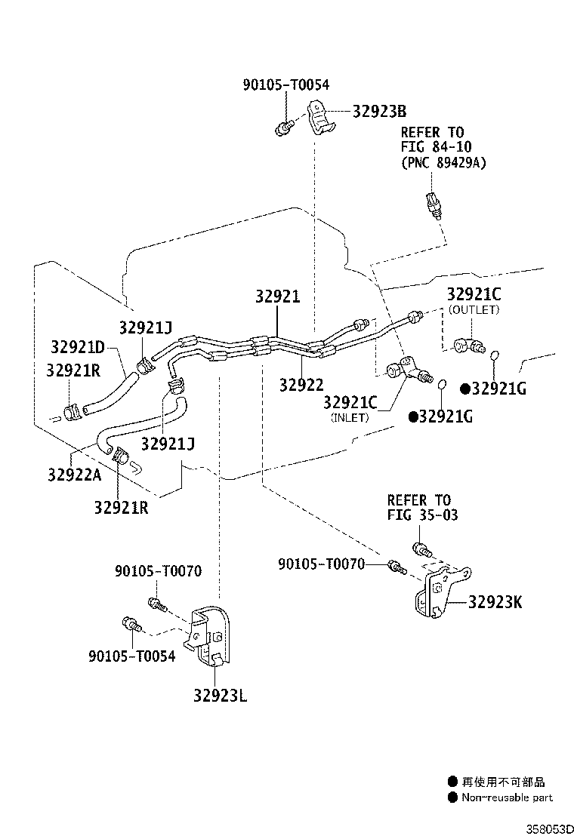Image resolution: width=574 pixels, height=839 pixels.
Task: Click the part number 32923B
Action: [x=380, y=112]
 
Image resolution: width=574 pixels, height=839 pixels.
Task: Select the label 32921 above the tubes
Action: [x=277, y=297]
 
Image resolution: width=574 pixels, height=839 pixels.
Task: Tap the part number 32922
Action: [x=301, y=385]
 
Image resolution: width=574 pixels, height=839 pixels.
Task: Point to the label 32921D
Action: [x=78, y=347]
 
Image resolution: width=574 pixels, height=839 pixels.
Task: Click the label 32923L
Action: [x=219, y=696]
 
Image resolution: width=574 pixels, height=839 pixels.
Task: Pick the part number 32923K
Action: [x=495, y=601]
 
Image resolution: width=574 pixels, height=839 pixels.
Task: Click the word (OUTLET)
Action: [x=474, y=310]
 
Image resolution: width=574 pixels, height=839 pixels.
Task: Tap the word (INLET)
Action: [x=350, y=417]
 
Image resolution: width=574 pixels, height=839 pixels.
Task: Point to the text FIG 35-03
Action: [x=422, y=515]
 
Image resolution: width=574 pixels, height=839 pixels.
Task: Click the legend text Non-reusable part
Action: [x=507, y=798]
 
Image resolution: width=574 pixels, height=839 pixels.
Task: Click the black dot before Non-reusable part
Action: [x=452, y=798]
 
